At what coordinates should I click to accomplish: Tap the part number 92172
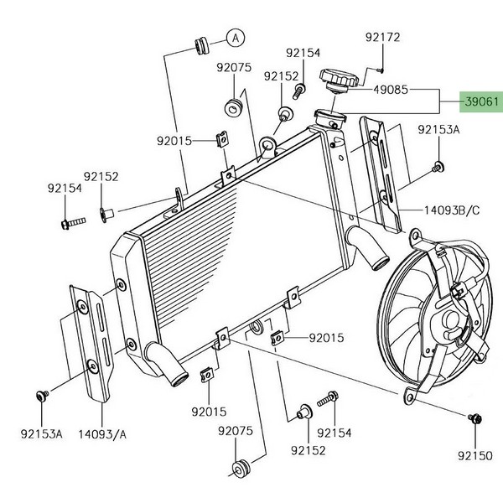pyautogui.click(x=382, y=38)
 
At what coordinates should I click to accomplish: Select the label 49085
pyautogui.click(x=391, y=88)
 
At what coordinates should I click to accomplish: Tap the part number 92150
pyautogui.click(x=475, y=458)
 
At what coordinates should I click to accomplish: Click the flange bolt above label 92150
pyautogui.click(x=474, y=417)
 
